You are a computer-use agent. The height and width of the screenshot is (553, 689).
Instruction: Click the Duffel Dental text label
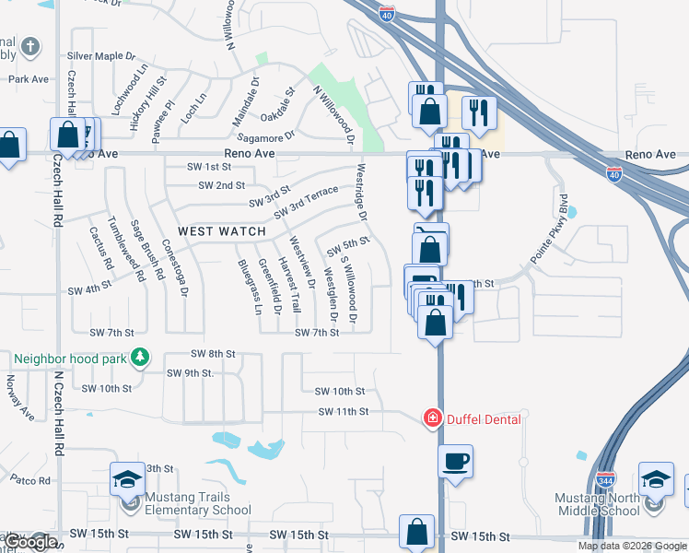pos(485,419)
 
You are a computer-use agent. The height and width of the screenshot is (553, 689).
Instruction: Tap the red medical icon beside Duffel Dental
pos(431,419)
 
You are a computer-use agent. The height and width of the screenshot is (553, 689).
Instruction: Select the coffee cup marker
pos(454,460)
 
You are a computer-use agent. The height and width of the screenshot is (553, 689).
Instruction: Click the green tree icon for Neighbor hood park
pos(139,356)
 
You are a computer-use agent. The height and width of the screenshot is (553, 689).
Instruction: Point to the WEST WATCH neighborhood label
pos(221,231)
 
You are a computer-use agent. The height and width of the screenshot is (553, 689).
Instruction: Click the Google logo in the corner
pos(29,542)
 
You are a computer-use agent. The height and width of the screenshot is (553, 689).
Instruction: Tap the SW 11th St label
pos(344,411)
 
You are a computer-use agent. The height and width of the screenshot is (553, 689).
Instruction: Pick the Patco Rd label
pos(30,480)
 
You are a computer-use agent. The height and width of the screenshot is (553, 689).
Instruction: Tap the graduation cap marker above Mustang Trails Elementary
pos(127,478)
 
